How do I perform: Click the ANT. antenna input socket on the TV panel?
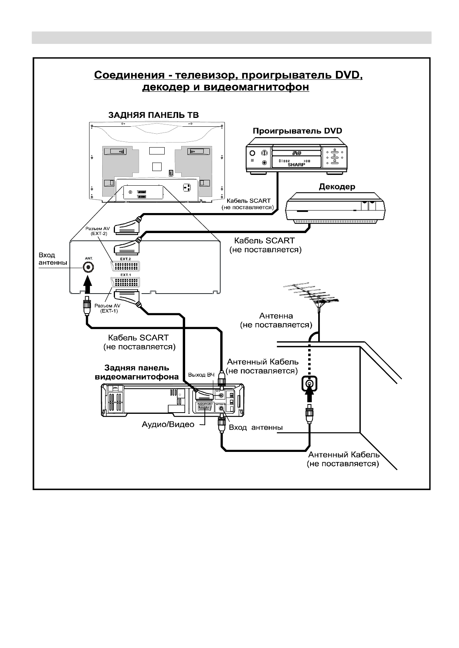click(x=89, y=267)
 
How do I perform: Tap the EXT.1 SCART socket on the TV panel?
click(x=125, y=283)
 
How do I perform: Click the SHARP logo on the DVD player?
click(x=296, y=164)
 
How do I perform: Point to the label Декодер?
click(x=337, y=187)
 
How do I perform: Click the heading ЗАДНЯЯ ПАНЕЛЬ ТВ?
click(x=154, y=115)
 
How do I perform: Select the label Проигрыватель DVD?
click(x=297, y=131)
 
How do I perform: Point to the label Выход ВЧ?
click(x=201, y=375)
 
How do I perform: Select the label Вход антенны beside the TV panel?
click(x=52, y=259)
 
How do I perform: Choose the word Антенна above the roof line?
click(x=276, y=316)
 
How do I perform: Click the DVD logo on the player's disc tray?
click(x=296, y=153)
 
